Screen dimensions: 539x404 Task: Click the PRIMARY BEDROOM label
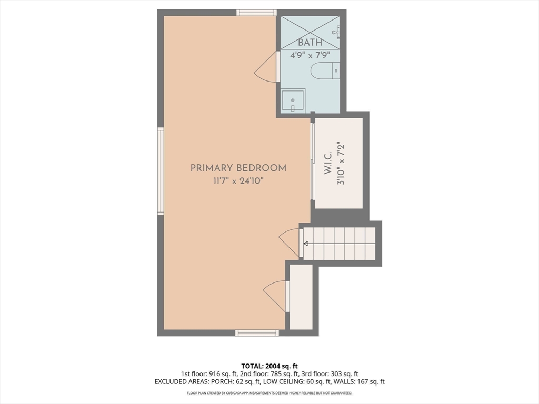pyautogui.click(x=238, y=168)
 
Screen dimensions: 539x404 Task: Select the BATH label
pyautogui.click(x=310, y=43)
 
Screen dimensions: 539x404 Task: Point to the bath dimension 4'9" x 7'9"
pyautogui.click(x=310, y=55)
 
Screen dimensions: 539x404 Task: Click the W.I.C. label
pyautogui.click(x=328, y=163)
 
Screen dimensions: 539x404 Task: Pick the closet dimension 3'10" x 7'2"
pyautogui.click(x=341, y=163)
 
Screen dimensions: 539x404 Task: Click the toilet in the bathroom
pyautogui.click(x=325, y=71)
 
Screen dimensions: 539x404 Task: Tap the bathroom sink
pyautogui.click(x=293, y=100)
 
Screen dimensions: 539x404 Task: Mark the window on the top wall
pyautogui.click(x=256, y=13)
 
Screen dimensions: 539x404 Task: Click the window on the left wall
pyautogui.click(x=161, y=171)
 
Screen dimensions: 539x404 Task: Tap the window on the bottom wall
pyautogui.click(x=257, y=333)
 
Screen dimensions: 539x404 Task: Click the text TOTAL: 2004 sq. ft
pyautogui.click(x=267, y=366)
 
